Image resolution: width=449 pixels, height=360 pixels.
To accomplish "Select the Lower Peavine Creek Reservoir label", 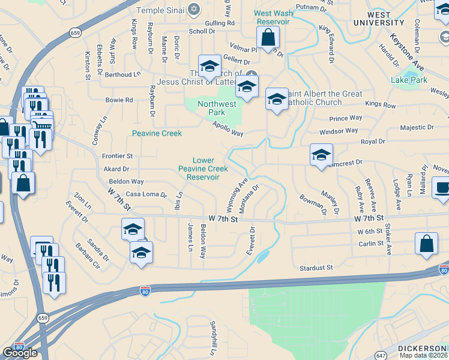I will tap(203, 169).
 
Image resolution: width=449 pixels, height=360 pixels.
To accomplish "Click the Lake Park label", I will tap(409, 80).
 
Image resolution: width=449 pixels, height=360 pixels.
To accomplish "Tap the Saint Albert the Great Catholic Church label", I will tap(324, 98).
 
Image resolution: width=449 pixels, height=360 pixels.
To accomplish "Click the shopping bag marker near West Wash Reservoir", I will tap(268, 38).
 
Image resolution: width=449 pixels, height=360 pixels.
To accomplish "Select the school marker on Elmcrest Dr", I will tap(321, 155).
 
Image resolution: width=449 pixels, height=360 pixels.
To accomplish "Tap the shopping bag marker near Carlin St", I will tap(426, 244).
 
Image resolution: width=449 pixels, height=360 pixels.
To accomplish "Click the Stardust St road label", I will tap(317, 267).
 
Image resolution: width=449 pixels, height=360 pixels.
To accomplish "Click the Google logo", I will tap(20, 353).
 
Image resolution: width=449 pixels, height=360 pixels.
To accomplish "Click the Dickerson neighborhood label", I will tap(423, 349).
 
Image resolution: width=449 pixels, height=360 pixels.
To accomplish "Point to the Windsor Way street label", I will tap(339, 131).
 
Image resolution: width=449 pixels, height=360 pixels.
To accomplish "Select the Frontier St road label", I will tap(117, 156).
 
